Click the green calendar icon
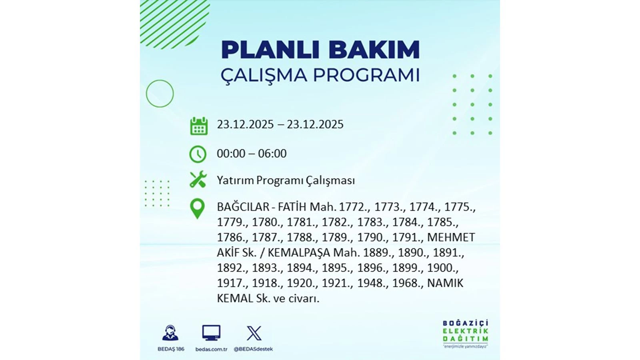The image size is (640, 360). point(199,126)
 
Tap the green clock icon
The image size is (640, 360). point(198,154)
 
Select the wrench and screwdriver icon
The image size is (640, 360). point(198,180)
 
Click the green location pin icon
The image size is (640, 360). point(197,208)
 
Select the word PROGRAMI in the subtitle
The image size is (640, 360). point(366,75)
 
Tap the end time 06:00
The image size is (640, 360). point(272,154)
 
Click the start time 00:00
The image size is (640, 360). point(231,154)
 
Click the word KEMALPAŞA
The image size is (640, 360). point(299,253)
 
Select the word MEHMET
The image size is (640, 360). point(451,238)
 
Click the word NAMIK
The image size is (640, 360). point(445,283)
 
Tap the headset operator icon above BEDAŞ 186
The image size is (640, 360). point(170,333)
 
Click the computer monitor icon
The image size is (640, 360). point(211,333)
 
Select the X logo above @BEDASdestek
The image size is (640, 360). point(254,333)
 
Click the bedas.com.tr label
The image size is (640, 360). point(211,349)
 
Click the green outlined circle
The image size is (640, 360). point(160,94)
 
